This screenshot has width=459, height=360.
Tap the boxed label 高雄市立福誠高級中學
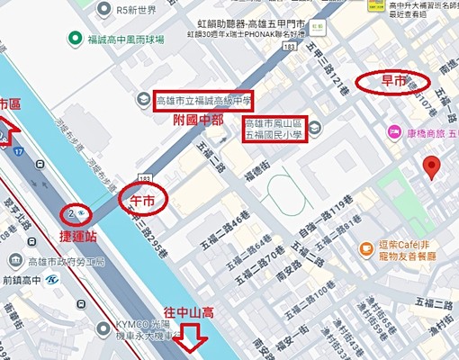coord(203,102)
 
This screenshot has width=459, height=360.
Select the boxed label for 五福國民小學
coord(275,130)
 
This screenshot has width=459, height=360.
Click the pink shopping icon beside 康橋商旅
coord(393,132)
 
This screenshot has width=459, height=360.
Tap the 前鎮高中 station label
coord(27,280)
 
